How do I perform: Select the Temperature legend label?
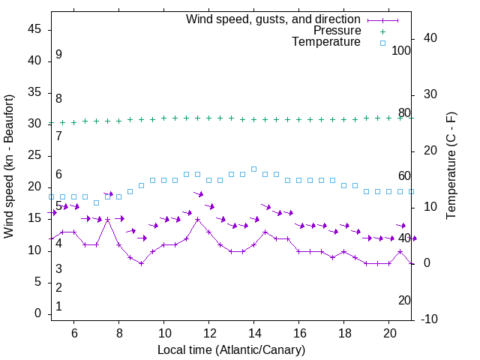point(326,42)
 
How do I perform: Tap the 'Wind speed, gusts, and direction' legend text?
point(274,19)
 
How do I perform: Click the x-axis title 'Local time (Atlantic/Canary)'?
point(232,350)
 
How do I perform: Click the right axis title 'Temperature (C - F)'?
point(451,166)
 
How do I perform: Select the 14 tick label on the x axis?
point(254,333)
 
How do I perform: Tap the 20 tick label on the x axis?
point(389,333)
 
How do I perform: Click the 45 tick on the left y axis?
point(34,29)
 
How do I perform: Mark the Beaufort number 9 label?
point(58,55)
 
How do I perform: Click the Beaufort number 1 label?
point(58,306)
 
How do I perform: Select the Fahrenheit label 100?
point(402,50)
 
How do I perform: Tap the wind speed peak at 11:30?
point(197,219)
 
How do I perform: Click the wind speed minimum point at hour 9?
point(141,263)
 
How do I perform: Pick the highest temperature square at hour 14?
point(253,169)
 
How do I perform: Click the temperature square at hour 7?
point(96,202)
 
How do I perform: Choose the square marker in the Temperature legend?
point(382,43)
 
